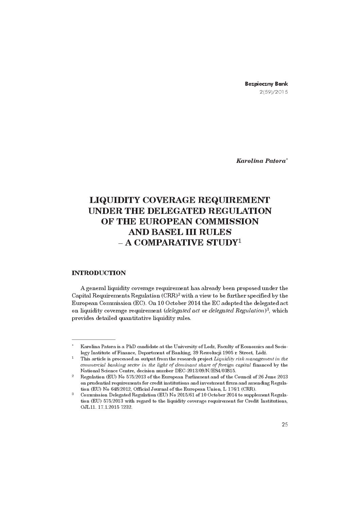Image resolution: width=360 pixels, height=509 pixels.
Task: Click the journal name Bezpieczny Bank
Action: [266, 84]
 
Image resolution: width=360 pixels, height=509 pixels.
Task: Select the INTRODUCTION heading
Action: [99, 273]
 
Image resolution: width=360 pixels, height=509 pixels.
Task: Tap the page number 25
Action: [284, 424]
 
